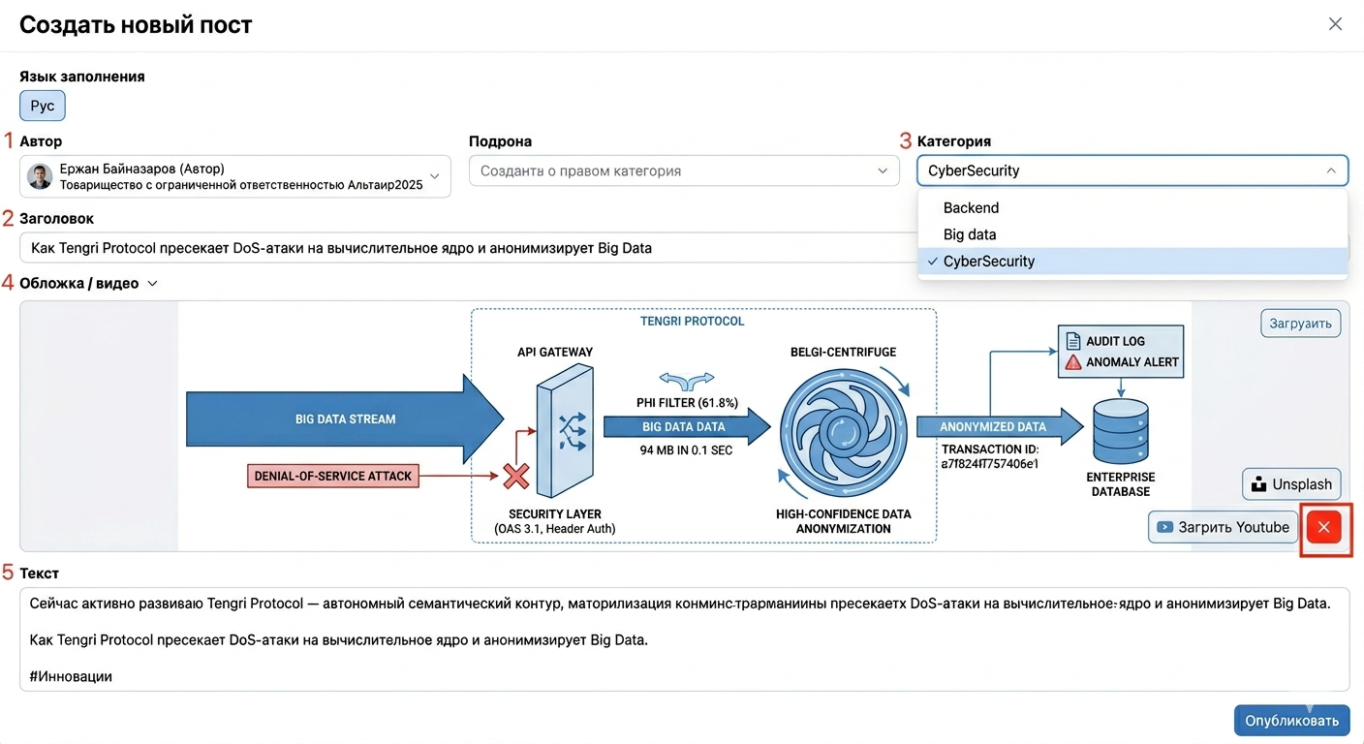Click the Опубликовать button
(x=1291, y=720)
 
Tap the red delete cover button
(x=1324, y=527)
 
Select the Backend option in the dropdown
(x=971, y=207)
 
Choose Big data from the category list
(x=970, y=234)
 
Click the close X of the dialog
(x=1335, y=24)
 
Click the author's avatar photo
(x=40, y=176)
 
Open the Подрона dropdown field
(x=684, y=171)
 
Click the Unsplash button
(x=1291, y=484)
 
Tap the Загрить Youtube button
(x=1224, y=527)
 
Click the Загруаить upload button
(x=1300, y=324)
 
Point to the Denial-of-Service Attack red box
(x=333, y=476)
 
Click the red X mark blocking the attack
(x=516, y=476)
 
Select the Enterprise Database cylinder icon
(x=1121, y=430)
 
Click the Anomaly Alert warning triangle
(x=1073, y=362)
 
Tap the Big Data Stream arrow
(x=345, y=418)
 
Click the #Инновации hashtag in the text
(x=71, y=676)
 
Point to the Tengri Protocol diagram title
(x=692, y=322)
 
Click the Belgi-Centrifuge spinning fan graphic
(x=844, y=433)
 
